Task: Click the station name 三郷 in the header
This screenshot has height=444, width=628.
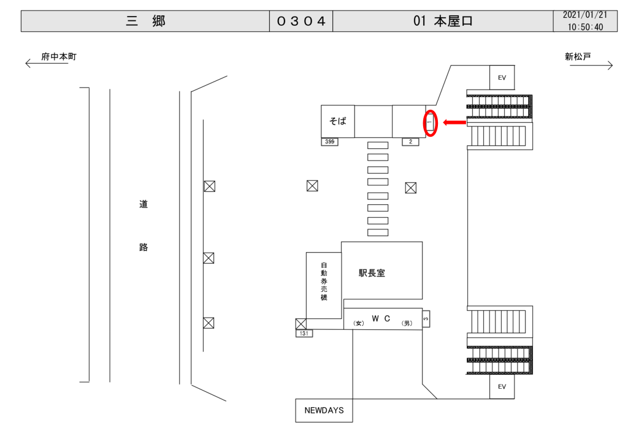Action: coord(145,21)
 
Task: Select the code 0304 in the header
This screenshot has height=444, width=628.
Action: coord(301,21)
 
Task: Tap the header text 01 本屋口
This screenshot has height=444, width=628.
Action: coord(443,21)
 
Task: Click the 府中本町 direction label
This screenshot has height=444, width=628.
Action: coord(59,57)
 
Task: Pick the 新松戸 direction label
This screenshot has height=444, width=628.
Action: coord(578,57)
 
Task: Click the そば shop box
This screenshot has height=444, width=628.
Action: coord(338,121)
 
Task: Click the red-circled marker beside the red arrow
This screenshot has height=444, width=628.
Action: coord(430,123)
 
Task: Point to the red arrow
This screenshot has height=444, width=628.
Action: coord(454,123)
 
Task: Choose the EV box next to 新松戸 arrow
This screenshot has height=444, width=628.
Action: coord(502,78)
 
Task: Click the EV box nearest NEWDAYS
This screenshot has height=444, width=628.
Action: coord(502,387)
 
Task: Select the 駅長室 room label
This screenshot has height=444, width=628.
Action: coord(372,273)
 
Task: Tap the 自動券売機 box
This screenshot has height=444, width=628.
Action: coord(324,285)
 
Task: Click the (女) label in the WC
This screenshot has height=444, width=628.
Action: coord(359,323)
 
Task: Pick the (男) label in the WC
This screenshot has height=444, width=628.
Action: coord(407,323)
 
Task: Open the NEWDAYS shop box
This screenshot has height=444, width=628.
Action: coord(324,410)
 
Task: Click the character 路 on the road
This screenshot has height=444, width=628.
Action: coord(144,248)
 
